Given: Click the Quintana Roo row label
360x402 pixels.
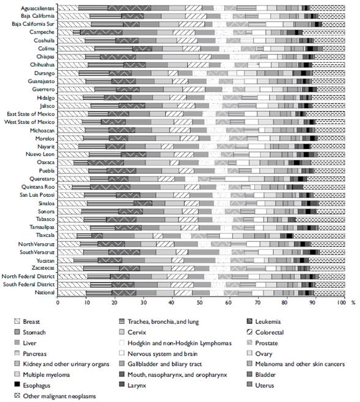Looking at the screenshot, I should (x=36, y=186).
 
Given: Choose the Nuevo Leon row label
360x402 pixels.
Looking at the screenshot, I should (x=38, y=154).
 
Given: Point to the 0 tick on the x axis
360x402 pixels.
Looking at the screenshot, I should (x=58, y=301).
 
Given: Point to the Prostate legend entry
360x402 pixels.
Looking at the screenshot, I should (x=276, y=342).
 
